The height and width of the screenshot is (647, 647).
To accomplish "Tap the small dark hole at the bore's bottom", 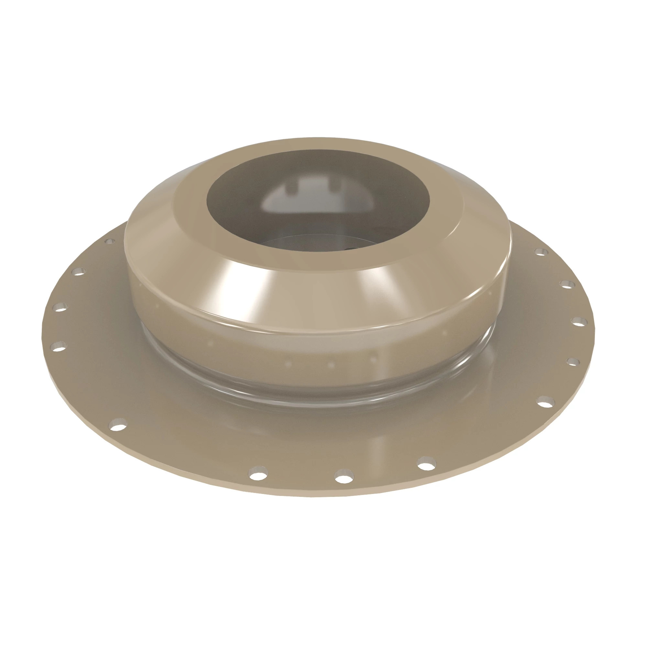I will (x=352, y=248).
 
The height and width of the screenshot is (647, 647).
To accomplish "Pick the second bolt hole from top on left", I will (x=79, y=271).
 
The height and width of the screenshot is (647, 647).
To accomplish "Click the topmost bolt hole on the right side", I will (x=540, y=252).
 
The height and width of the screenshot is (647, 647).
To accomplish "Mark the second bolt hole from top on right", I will (x=566, y=284).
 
